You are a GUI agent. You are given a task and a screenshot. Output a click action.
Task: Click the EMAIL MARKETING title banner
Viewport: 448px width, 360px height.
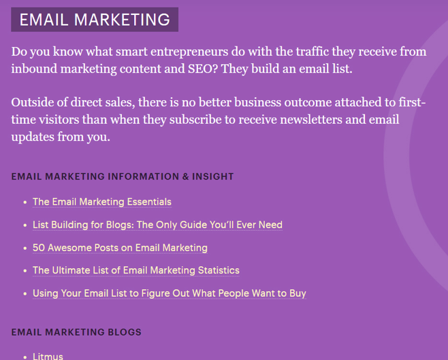[x=94, y=20]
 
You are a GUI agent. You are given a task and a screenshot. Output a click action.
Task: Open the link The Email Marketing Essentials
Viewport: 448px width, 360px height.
[x=102, y=202]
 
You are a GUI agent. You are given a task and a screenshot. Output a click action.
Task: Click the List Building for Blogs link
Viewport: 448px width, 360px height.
[x=157, y=225]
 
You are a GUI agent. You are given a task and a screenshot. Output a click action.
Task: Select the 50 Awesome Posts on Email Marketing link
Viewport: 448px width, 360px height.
[x=120, y=248]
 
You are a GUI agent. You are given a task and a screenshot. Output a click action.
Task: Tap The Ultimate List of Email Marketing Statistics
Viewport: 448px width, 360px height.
[x=136, y=270]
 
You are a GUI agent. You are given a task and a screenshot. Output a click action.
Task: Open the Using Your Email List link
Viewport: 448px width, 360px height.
[x=170, y=293]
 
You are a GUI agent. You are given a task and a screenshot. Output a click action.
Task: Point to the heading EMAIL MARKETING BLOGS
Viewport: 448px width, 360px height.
[x=76, y=332]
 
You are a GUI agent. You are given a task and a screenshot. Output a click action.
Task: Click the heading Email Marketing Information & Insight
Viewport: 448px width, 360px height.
[x=123, y=176]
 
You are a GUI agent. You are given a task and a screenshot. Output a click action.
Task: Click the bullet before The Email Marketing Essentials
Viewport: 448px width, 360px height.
[x=25, y=202]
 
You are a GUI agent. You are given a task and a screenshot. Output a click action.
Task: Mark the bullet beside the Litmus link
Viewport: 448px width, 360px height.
[x=25, y=356]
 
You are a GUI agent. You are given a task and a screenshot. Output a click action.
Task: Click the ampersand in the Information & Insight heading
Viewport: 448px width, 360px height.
[x=185, y=176]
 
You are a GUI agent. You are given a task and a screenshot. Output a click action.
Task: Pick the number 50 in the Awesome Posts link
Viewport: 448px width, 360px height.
[x=38, y=248]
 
